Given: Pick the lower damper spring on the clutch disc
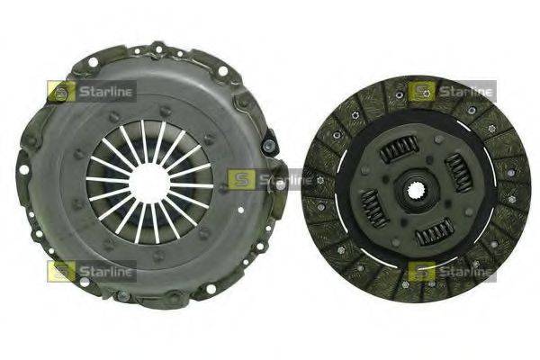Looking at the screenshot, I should [436, 233].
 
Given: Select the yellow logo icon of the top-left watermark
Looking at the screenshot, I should [62, 91].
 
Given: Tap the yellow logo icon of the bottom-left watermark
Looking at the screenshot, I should [62, 271].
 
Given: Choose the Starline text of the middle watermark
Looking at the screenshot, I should [283, 180].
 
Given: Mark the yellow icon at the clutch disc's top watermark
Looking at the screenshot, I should [421, 91].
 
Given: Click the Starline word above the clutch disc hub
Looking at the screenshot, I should [465, 91].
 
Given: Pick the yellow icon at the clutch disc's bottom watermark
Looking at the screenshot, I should [421, 271].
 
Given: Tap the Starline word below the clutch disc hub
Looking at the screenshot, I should [465, 271].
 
